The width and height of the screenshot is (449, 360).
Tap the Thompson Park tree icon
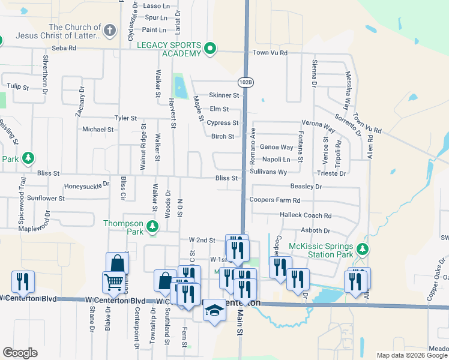153,226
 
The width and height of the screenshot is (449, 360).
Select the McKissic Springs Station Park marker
361,249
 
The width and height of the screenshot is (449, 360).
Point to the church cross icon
109,29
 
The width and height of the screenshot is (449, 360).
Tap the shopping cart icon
113,282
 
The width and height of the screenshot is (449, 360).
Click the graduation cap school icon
214,310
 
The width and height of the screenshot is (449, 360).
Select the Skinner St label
224,95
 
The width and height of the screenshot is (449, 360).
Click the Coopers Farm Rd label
275,200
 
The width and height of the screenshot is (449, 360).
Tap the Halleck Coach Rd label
306,215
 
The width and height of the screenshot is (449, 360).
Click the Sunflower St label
46,198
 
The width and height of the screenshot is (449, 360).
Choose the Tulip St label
17,87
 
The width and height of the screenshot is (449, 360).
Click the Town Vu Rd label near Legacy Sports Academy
270,53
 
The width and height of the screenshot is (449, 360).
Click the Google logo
19,353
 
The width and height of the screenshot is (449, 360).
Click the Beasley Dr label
306,187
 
